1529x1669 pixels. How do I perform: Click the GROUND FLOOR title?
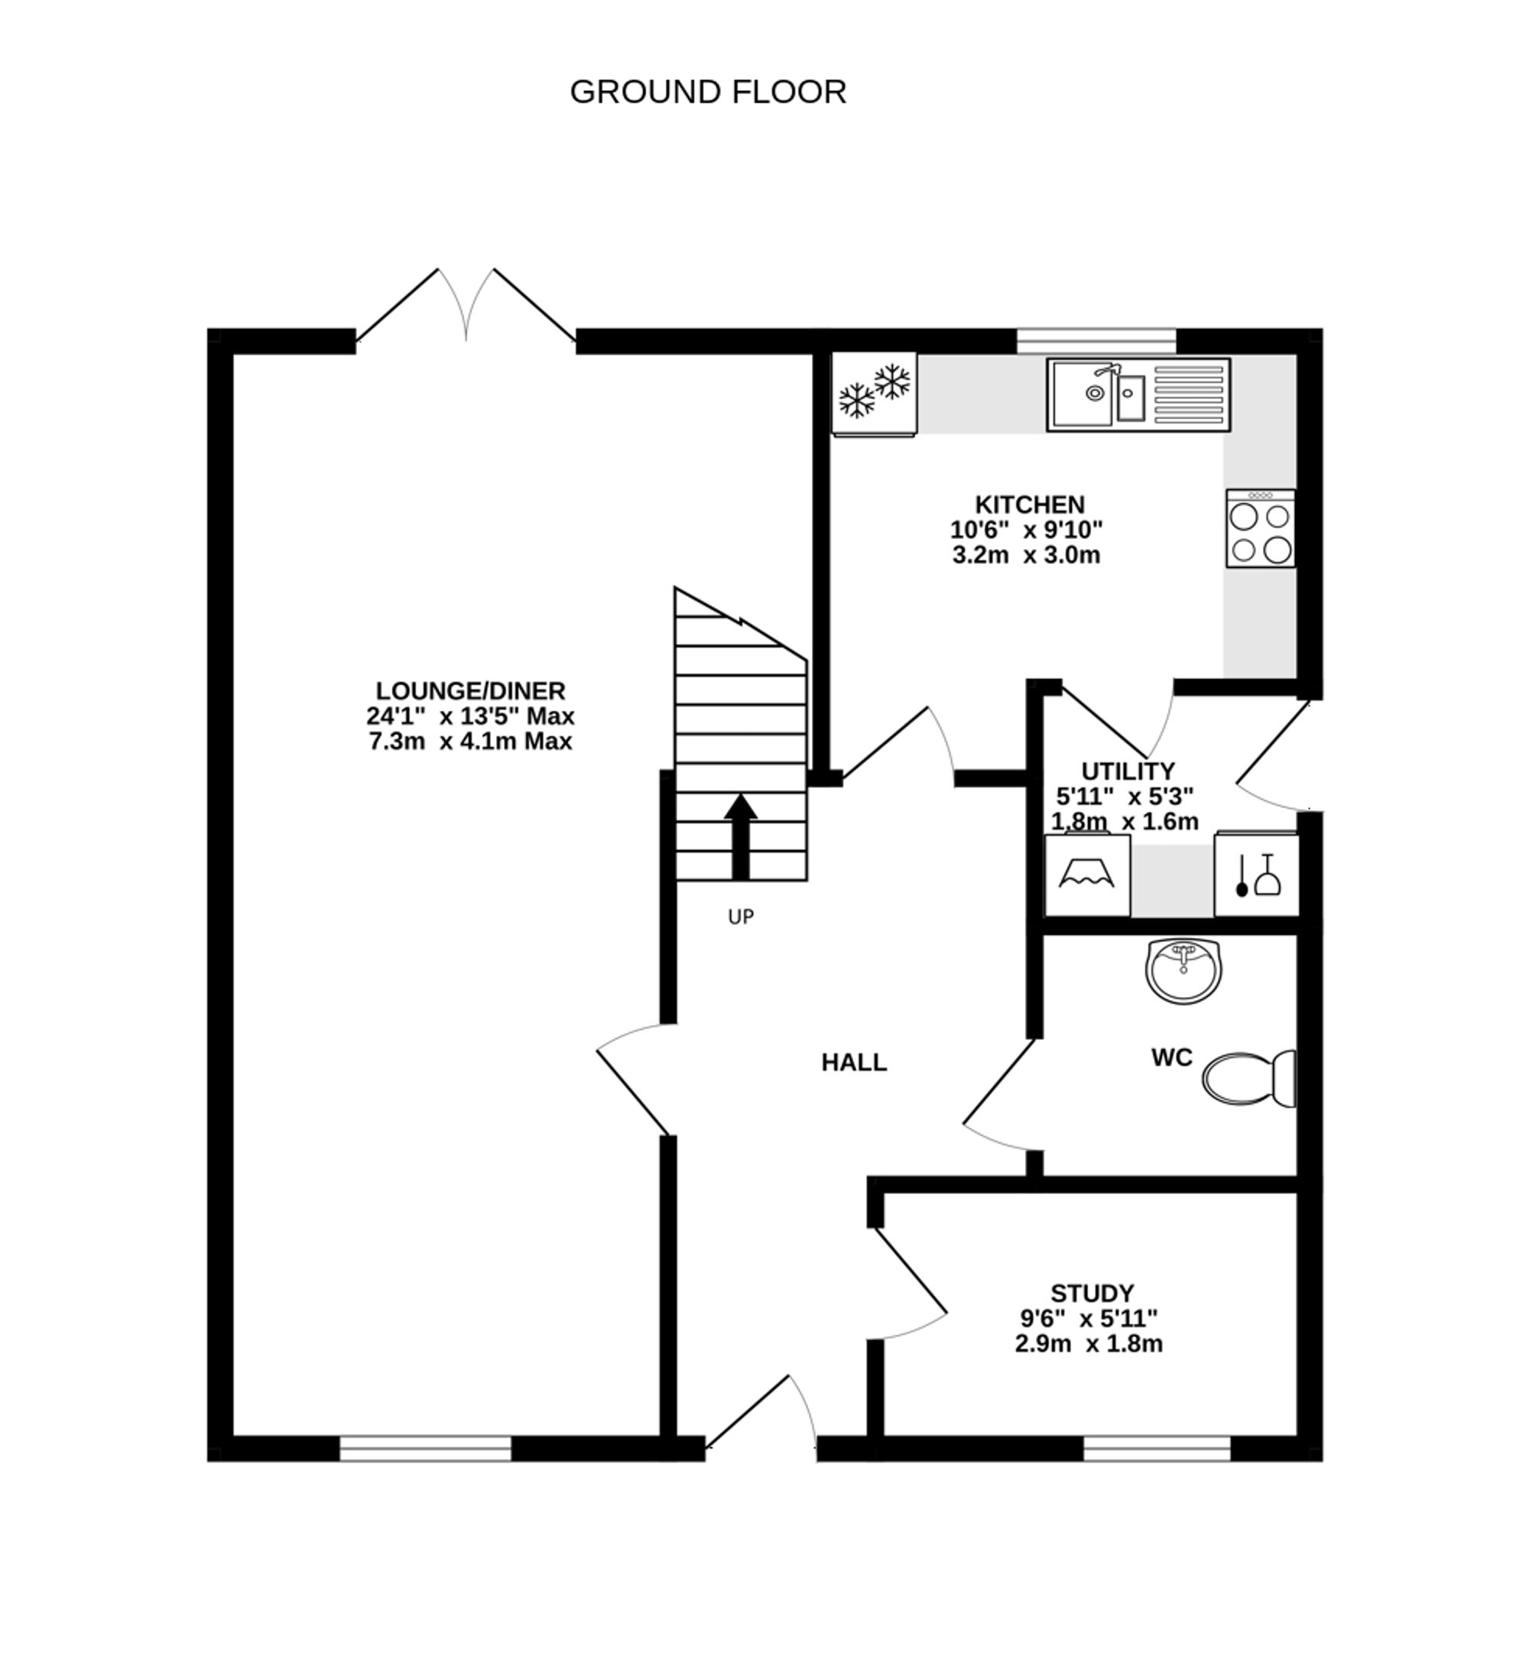pos(708,92)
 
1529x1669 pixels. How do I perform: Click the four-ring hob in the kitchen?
pos(1260,528)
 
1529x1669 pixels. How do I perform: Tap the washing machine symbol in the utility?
pos(1087,876)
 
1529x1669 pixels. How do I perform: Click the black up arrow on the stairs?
pos(741,836)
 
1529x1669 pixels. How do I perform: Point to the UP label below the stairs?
pos(740,917)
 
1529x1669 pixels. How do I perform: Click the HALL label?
pos(853,1063)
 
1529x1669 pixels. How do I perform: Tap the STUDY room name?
pos(1092,1293)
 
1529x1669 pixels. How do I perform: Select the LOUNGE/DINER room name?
pos(470,690)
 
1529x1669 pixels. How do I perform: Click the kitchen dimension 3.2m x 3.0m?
pos(1026,555)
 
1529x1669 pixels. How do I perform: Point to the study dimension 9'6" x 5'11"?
pos(1089,1318)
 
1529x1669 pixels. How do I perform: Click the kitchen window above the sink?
pos(1096,341)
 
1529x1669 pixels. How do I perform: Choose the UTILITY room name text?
pos(1128,771)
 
